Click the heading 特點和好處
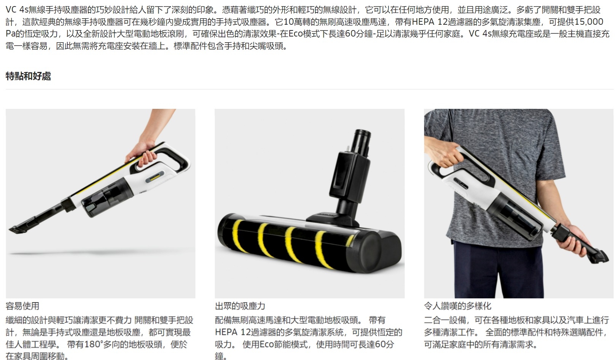click(x=28, y=76)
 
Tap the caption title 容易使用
click(x=22, y=306)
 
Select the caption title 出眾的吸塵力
click(x=240, y=306)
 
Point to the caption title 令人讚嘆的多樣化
click(x=457, y=306)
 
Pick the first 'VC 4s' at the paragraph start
click(x=17, y=10)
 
